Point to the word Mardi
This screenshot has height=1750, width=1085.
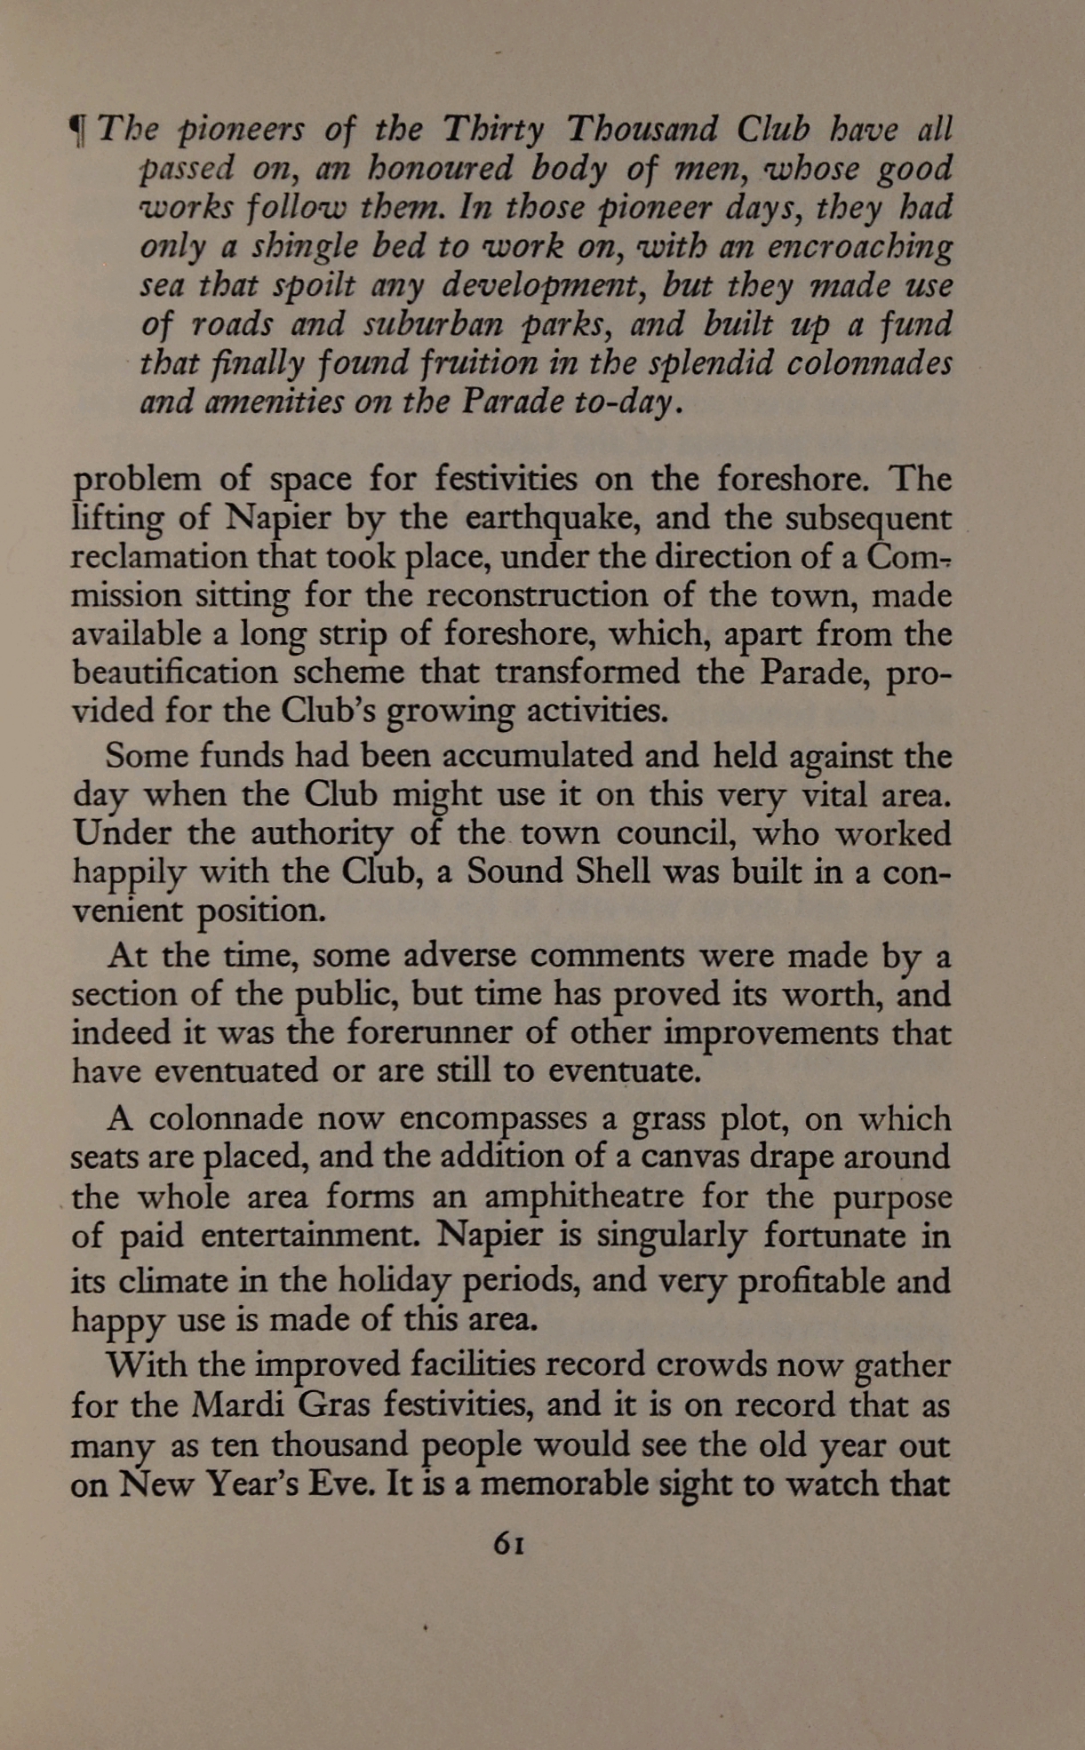click(235, 1406)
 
